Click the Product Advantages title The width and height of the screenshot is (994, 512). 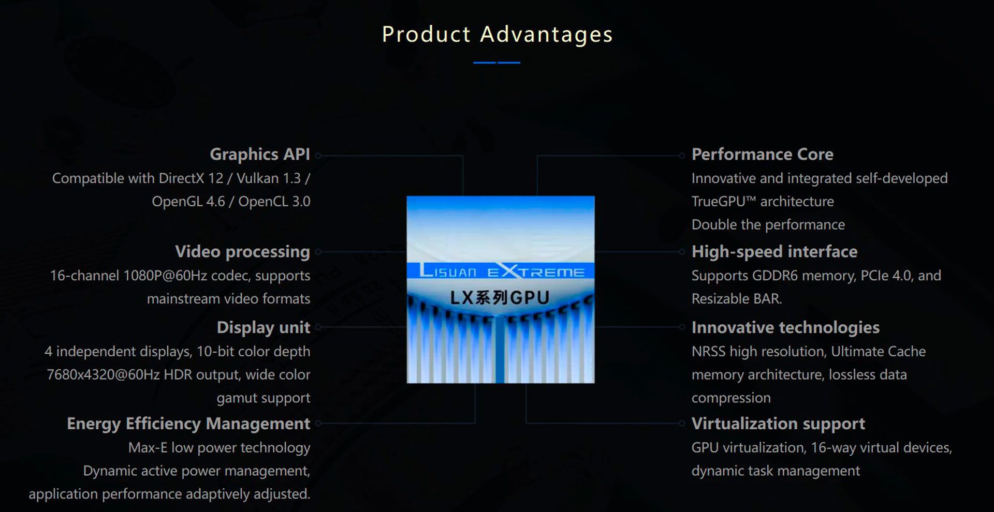pos(497,35)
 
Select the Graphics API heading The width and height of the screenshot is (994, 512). pos(260,154)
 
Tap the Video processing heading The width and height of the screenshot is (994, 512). pos(242,251)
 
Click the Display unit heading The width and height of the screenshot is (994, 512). pos(264,327)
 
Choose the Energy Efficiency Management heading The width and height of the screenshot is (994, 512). pos(188,424)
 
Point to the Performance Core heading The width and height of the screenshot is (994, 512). pos(763,154)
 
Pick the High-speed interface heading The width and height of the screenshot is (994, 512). pos(774,251)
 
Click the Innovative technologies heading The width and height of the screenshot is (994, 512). pos(785,327)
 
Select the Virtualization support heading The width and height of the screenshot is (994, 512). pos(778,424)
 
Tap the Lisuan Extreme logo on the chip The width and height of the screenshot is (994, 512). pos(501,270)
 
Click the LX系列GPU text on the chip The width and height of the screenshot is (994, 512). pos(500,298)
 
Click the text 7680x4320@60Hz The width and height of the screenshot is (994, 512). pos(103,374)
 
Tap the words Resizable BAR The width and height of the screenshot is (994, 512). pos(736,298)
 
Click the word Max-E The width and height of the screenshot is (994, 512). pos(148,447)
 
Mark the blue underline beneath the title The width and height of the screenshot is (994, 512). pos(496,63)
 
